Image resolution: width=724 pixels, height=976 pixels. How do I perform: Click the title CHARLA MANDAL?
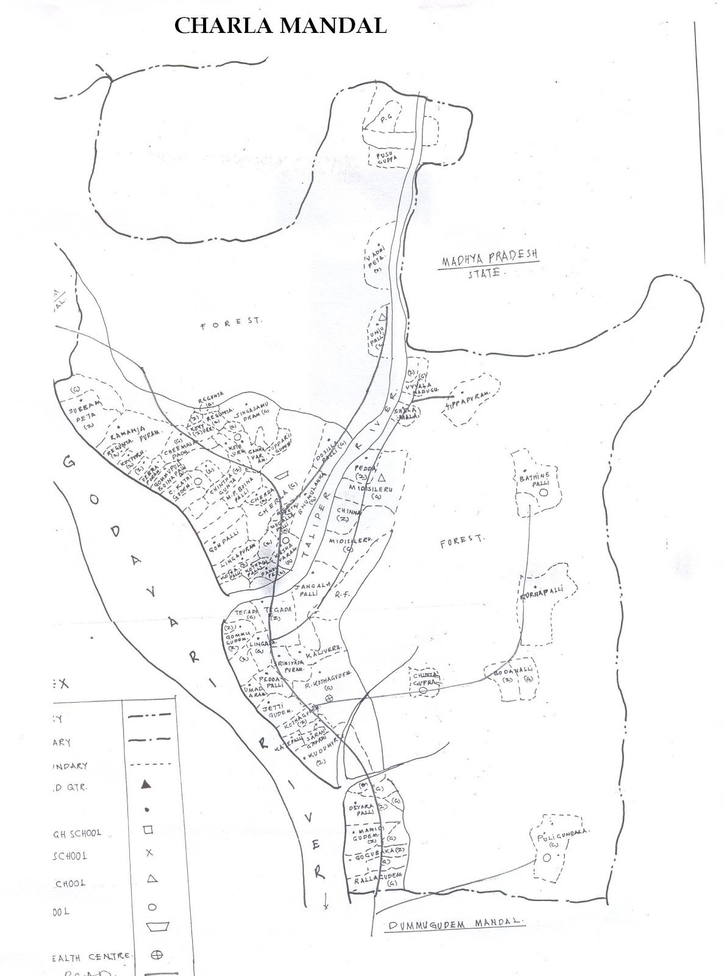[x=280, y=26]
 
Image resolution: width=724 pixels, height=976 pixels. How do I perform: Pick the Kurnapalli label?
[x=540, y=590]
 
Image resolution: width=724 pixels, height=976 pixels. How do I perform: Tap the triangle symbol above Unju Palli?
[x=382, y=317]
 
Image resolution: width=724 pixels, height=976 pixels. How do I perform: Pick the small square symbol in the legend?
[x=147, y=830]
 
